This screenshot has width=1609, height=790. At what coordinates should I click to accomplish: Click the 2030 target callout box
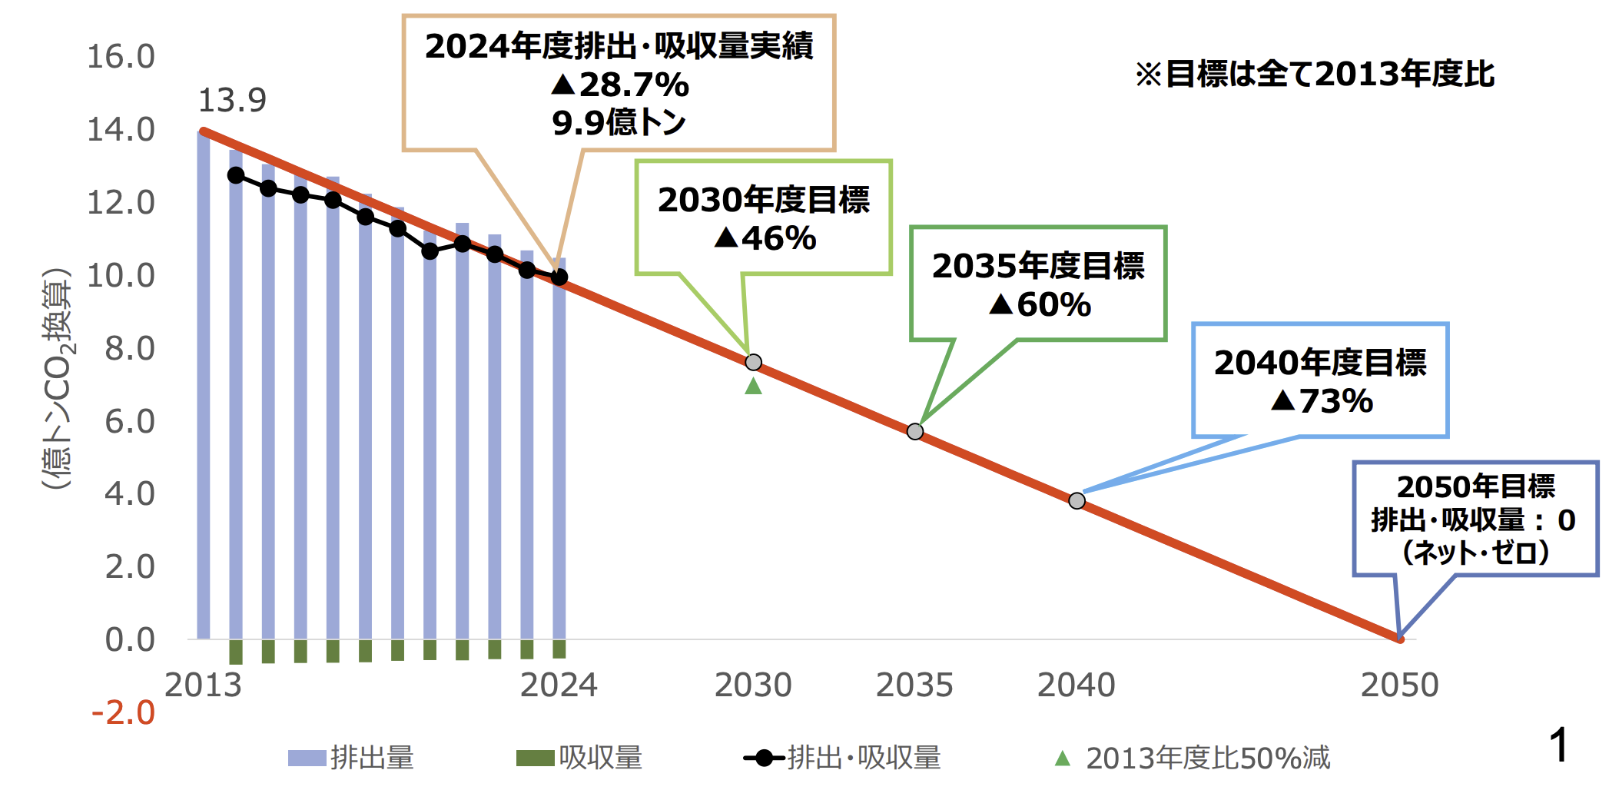763,217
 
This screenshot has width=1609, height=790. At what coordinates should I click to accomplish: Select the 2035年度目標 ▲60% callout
1038,284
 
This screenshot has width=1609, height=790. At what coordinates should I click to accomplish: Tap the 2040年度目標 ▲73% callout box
1320,380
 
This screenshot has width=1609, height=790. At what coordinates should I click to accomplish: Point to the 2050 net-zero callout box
1475,519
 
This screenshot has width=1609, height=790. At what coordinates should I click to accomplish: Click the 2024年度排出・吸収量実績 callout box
619,83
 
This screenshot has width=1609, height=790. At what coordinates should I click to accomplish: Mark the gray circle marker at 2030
754,362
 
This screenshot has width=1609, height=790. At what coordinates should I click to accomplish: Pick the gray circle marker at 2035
914,431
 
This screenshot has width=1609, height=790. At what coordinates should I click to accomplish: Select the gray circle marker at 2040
1077,501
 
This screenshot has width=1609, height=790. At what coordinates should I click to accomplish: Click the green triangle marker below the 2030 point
754,386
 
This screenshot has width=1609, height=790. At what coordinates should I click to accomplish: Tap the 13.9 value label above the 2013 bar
232,100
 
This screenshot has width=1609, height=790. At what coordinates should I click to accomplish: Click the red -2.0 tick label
123,712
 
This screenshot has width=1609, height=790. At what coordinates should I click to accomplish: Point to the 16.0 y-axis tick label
121,56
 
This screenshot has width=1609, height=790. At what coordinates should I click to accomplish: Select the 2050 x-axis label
1399,685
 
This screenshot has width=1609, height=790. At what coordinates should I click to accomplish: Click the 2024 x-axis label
559,685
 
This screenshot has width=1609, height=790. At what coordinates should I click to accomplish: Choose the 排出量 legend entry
351,758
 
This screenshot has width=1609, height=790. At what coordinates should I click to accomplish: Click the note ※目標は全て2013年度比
1315,74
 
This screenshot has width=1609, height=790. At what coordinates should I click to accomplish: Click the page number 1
1559,745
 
